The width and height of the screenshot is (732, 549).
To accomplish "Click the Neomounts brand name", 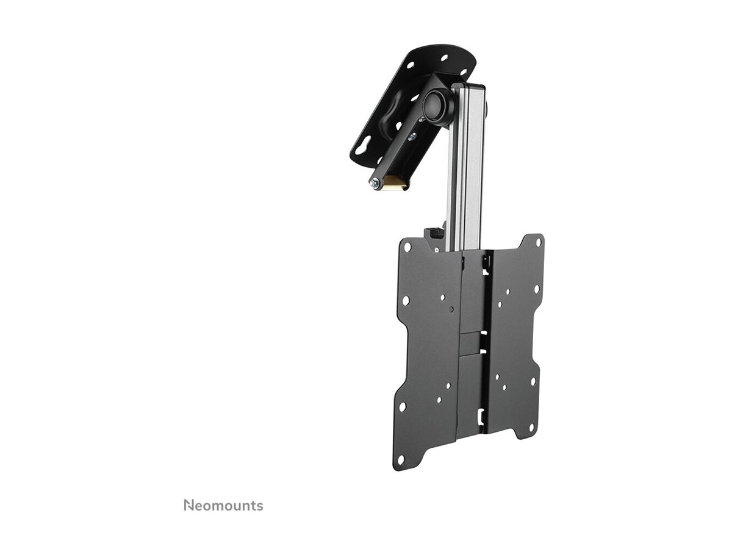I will (223, 505).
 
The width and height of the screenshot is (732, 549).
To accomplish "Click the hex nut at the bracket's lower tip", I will (374, 182).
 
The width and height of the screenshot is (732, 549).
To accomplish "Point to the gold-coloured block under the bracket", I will (393, 182).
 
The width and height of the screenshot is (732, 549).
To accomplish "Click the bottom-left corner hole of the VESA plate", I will (400, 459).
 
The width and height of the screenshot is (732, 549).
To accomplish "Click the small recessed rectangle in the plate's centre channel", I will (470, 342).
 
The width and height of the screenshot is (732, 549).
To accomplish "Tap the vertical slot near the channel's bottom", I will (482, 415).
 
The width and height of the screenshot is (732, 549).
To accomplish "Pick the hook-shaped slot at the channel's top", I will (486, 262).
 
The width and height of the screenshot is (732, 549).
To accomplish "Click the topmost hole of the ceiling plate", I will (444, 59).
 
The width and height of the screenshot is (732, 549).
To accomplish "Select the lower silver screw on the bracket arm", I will (413, 137).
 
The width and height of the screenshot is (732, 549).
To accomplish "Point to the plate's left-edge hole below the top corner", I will (405, 301).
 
